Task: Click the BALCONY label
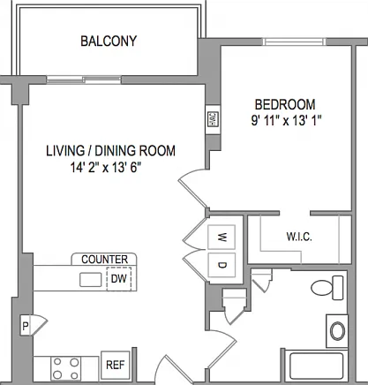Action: pos(109,41)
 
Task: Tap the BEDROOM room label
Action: pos(285,104)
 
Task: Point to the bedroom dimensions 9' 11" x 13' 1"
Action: pos(286,120)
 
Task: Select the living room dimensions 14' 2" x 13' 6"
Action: pos(104,168)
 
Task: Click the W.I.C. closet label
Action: pos(299,237)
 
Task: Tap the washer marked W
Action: pos(222,237)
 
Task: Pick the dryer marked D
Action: pos(222,265)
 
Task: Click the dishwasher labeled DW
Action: pos(119,278)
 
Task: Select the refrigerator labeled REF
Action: pos(116,365)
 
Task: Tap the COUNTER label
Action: pos(104,260)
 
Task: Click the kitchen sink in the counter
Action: pos(91,280)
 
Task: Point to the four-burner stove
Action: pos(66,368)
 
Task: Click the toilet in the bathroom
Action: pos(327,288)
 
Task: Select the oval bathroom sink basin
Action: pos(337,331)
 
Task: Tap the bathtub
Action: pos(317,366)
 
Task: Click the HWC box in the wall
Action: pos(213,119)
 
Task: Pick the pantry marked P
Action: pos(26,326)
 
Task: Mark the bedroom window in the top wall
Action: pos(295,42)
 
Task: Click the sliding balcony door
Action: pos(84,79)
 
